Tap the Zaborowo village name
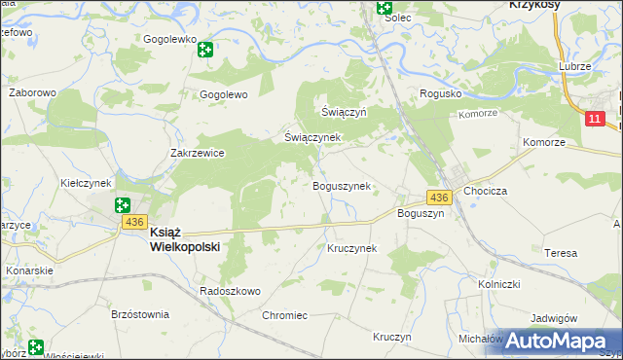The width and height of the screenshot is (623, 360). (32, 93)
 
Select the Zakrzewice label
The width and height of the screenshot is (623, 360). (198, 153)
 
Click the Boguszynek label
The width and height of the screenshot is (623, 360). (341, 186)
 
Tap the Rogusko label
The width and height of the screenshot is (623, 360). (439, 93)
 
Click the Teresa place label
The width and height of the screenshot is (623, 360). (561, 253)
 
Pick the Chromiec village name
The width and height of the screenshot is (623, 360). (284, 315)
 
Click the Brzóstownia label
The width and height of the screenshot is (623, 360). (140, 314)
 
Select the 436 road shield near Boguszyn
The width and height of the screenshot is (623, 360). (439, 198)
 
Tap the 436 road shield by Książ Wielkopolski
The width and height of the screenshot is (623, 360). (134, 222)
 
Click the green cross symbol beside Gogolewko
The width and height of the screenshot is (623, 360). (205, 49)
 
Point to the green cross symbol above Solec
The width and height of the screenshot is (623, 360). (385, 8)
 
